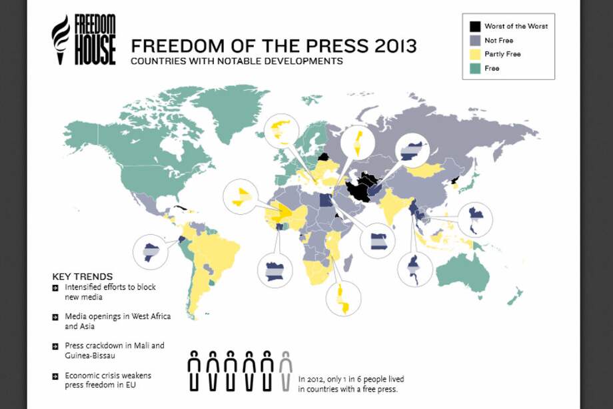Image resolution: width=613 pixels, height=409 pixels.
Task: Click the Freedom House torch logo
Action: point(61,39)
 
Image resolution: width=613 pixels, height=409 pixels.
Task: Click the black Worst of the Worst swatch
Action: point(475,27)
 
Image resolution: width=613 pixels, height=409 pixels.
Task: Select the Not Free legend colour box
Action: point(475,40)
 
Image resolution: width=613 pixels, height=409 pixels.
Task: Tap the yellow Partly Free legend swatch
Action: point(475,54)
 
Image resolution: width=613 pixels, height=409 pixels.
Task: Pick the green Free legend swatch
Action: point(475,68)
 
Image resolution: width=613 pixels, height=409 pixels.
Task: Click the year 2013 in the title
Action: point(393,46)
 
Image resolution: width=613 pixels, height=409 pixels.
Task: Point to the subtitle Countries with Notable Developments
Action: point(237,61)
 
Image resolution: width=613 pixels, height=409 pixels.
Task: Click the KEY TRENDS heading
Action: point(82,276)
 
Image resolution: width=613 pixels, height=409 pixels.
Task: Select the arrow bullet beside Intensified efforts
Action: point(56,288)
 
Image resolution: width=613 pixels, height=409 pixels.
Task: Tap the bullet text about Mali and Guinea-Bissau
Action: point(115,350)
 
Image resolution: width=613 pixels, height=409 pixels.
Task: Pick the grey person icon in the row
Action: point(285,370)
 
